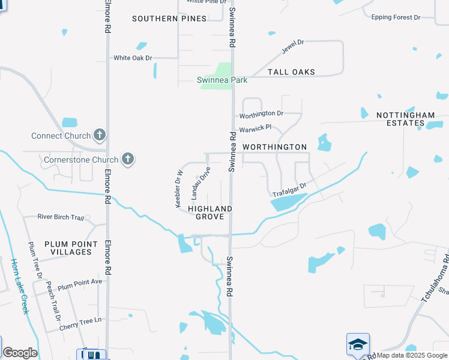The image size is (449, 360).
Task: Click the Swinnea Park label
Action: (222, 80)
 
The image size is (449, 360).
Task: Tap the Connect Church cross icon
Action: (100, 136)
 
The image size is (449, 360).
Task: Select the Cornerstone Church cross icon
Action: (127, 160)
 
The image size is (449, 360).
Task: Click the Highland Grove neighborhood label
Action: (210, 212)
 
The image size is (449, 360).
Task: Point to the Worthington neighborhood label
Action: (274, 147)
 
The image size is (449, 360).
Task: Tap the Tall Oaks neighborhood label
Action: (291, 72)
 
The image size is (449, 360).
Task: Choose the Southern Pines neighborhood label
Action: (169, 19)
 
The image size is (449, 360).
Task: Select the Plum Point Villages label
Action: (71, 248)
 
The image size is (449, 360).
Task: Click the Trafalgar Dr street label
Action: (289, 190)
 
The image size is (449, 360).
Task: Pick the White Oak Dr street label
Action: (133, 58)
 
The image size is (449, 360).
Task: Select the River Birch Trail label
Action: (61, 217)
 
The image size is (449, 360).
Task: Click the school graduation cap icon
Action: (357, 344)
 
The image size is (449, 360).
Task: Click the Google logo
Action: (20, 353)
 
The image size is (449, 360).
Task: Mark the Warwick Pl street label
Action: (256, 128)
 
